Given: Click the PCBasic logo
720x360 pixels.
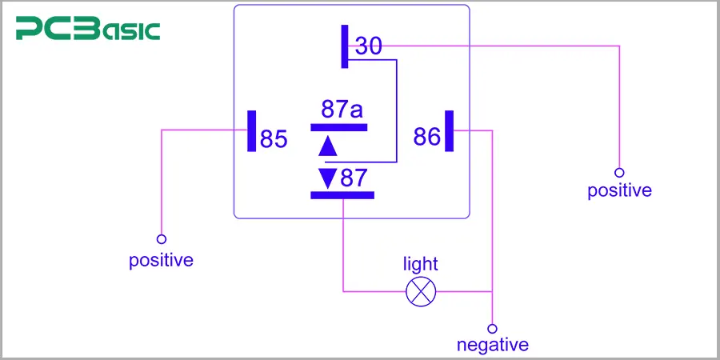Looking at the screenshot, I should (x=88, y=30).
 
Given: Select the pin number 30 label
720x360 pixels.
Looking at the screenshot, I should (x=369, y=46).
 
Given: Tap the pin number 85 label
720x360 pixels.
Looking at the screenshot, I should (x=274, y=139).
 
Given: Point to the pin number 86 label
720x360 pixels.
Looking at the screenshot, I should (x=426, y=137).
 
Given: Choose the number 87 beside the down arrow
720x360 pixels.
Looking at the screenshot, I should (x=353, y=178).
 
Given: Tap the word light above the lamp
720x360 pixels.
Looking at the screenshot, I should (x=420, y=264).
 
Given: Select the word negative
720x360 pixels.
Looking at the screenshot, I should (x=492, y=346).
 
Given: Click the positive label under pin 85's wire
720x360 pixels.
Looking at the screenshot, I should (x=161, y=261).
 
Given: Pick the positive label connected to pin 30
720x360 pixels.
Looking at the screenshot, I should (x=619, y=191).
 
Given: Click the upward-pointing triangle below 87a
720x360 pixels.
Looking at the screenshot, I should (x=327, y=146).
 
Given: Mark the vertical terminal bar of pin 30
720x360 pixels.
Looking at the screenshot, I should (x=345, y=46).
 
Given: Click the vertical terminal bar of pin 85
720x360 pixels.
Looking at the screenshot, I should (x=252, y=130).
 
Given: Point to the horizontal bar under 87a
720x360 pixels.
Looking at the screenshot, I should (x=339, y=126).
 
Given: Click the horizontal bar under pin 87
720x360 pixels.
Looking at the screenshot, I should (x=342, y=194).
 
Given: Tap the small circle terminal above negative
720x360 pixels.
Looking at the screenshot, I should (x=492, y=328).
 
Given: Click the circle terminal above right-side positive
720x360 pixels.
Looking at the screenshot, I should (x=619, y=172).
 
